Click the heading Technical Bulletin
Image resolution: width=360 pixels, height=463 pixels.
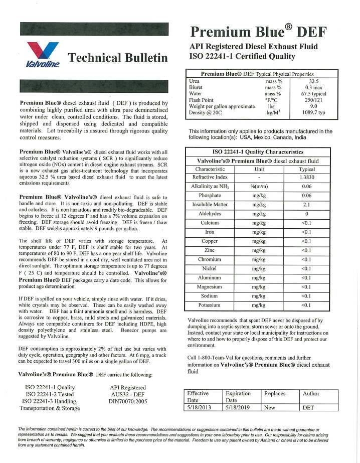click(x=118, y=58)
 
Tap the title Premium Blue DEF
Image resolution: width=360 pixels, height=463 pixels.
click(x=258, y=32)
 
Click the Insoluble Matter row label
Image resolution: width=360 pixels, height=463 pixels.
click(x=210, y=205)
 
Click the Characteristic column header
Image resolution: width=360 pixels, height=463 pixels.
click(x=210, y=169)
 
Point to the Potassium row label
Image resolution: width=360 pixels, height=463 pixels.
click(x=210, y=305)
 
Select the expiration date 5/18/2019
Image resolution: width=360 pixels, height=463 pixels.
click(x=238, y=408)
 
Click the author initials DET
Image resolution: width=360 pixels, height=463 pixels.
click(x=309, y=408)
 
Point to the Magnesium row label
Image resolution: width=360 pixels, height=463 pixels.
click(x=210, y=287)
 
